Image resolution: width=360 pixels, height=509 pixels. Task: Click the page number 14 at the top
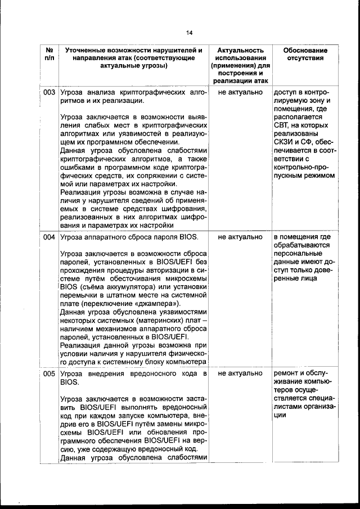(x=189, y=32)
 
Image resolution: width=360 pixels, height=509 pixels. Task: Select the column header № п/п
(x=49, y=55)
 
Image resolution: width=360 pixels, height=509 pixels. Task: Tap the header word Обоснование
(x=304, y=50)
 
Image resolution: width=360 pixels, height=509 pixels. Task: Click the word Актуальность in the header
(x=240, y=50)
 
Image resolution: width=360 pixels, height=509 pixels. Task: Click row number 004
(x=49, y=237)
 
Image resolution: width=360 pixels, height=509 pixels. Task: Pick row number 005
(x=49, y=373)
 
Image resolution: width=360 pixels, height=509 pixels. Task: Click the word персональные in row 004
(x=298, y=254)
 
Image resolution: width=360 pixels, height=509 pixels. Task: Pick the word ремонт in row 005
(x=287, y=373)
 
